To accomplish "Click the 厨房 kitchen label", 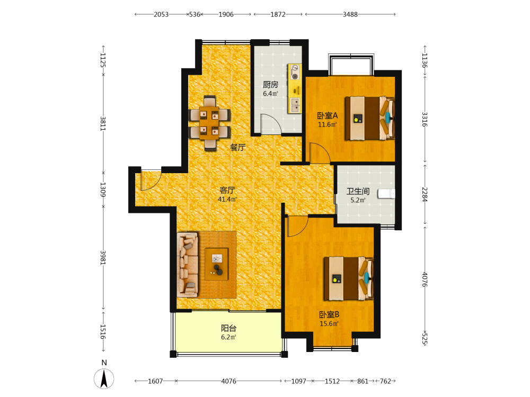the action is [270, 84].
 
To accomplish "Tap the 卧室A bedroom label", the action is [327, 116].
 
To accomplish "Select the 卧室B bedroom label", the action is [329, 314].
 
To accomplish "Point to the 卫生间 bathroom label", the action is [358, 192].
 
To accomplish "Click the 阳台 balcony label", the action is [228, 328].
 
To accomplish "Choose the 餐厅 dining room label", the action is [237, 147].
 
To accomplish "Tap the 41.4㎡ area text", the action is [227, 199].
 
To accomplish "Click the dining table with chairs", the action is [209, 123].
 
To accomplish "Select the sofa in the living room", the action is [187, 265].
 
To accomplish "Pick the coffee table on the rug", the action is [217, 264].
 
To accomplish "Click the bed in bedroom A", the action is [369, 118].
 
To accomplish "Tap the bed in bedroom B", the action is [349, 278].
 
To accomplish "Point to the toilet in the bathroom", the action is [386, 194].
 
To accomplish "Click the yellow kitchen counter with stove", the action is [294, 88].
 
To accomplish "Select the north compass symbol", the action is [104, 378].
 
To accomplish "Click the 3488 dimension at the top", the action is [350, 14].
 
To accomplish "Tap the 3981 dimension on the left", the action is [103, 258].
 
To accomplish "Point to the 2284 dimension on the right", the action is [425, 194].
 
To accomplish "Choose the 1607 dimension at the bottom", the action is [155, 381].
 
